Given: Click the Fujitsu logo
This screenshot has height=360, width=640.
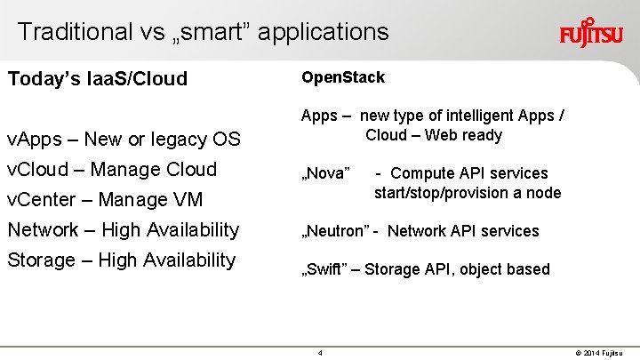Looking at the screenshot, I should [x=591, y=35].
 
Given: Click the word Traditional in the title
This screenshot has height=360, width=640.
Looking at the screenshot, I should [x=74, y=32].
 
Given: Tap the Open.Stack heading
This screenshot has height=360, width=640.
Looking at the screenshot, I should [x=343, y=77].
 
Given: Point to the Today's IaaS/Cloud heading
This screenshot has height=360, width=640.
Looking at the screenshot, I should [x=98, y=79].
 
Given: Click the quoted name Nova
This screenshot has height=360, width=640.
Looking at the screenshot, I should [x=327, y=173].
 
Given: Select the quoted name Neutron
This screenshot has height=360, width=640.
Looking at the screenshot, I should [x=335, y=231].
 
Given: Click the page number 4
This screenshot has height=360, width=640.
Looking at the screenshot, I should [x=320, y=353].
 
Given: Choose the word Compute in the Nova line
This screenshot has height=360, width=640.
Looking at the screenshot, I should [x=423, y=173].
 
